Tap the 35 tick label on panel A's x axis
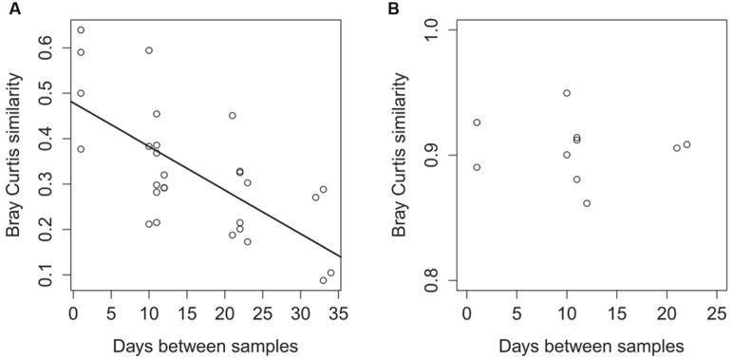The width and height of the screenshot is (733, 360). (x=338, y=312)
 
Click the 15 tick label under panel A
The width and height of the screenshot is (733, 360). (x=187, y=312)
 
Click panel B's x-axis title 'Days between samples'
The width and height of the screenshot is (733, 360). (x=591, y=344)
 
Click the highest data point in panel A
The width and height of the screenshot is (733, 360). (x=81, y=30)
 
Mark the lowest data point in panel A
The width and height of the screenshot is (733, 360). (x=324, y=280)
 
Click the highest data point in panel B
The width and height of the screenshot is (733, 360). (x=567, y=93)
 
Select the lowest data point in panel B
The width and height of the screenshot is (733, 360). (x=587, y=203)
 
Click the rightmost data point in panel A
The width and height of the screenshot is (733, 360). (x=330, y=273)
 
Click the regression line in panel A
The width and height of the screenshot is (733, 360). (x=206, y=179)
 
